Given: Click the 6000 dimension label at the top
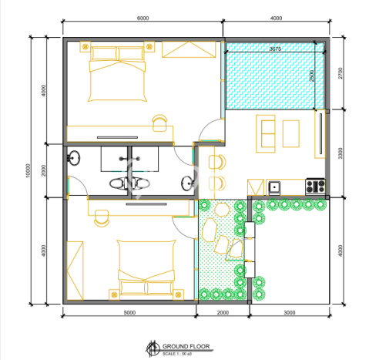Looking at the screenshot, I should (143, 19).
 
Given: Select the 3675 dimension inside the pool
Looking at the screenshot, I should (275, 49).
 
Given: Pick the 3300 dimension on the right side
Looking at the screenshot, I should (340, 153).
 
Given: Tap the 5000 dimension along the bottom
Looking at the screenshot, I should (129, 313).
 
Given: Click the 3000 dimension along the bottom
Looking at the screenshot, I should (290, 313).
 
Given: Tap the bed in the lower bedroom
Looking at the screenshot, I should (145, 267).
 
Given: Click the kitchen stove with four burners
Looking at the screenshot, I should (315, 185).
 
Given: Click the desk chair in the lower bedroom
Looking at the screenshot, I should (101, 217).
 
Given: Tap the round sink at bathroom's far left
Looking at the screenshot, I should (75, 160).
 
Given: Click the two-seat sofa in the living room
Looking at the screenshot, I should (267, 133).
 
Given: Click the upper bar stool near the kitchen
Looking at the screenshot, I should (216, 161).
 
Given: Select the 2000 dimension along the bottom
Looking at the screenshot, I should (222, 313).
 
